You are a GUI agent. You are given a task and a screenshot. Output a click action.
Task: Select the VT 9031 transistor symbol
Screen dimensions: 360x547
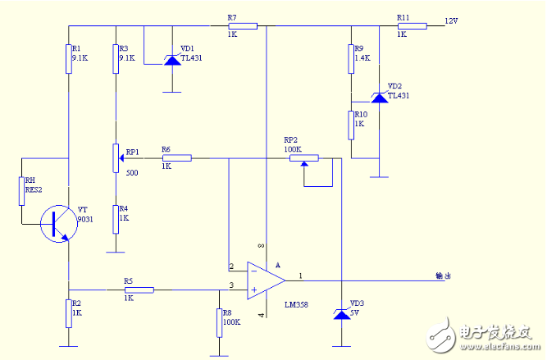(x=57, y=221)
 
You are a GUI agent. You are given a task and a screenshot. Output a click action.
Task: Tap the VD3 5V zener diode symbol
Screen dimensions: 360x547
(x=341, y=314)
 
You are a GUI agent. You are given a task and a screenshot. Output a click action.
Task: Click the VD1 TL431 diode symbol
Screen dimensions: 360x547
(x=171, y=59)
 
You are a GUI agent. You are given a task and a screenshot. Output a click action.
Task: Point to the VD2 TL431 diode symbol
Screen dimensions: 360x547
(x=379, y=97)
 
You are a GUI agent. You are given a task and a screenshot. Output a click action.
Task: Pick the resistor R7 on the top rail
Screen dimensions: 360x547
(x=242, y=26)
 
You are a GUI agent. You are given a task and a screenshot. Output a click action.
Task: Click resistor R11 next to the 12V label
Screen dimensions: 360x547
(x=412, y=26)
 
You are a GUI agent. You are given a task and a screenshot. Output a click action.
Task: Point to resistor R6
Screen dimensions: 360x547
(x=176, y=157)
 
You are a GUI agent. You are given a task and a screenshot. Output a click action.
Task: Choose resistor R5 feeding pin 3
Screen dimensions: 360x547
(x=139, y=289)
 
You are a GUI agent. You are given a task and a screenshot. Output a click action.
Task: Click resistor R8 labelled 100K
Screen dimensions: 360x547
(x=219, y=322)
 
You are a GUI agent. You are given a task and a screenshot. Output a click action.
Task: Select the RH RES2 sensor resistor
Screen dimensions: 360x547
(x=21, y=190)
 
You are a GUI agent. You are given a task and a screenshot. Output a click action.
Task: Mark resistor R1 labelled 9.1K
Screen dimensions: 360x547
(x=69, y=58)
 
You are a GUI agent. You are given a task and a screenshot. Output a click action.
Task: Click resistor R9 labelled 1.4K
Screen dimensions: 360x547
(x=351, y=58)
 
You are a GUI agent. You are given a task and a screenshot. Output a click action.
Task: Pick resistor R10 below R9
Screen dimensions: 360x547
(x=351, y=125)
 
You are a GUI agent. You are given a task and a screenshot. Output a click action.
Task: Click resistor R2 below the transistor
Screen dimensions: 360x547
(x=69, y=313)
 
